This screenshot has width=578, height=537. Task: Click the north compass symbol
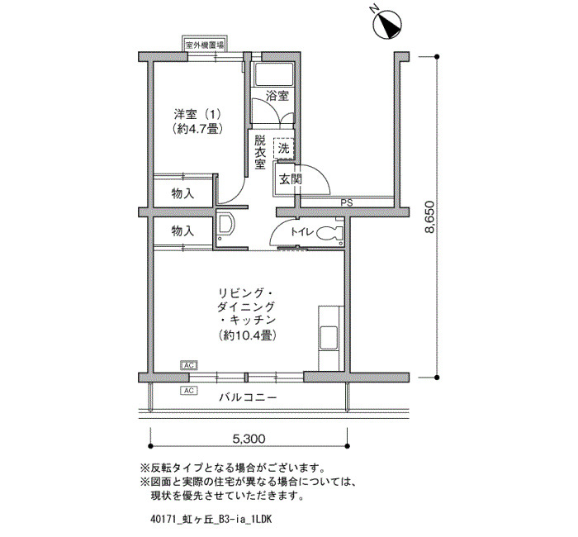[386, 24]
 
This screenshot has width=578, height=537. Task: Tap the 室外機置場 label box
[205, 45]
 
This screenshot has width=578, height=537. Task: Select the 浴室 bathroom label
[277, 97]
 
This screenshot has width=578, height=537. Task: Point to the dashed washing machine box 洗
[283, 148]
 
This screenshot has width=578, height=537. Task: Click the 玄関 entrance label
[290, 179]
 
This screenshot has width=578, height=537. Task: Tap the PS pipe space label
[347, 202]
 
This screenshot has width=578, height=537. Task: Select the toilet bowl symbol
[329, 233]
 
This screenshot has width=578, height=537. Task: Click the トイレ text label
[302, 231]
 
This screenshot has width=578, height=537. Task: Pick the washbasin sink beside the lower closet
[225, 224]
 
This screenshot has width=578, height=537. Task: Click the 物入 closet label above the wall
[182, 193]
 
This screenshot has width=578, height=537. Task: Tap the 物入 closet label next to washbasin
[182, 231]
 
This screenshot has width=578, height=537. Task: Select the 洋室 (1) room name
[197, 114]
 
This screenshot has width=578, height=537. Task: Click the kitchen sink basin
[329, 338]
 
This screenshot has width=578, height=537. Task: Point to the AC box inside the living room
[189, 365]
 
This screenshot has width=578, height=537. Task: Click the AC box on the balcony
[189, 390]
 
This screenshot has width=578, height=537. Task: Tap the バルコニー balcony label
[248, 397]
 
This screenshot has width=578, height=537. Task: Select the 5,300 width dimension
[249, 439]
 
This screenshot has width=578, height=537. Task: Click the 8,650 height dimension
[429, 217]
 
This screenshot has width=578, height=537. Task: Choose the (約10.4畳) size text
[248, 335]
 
